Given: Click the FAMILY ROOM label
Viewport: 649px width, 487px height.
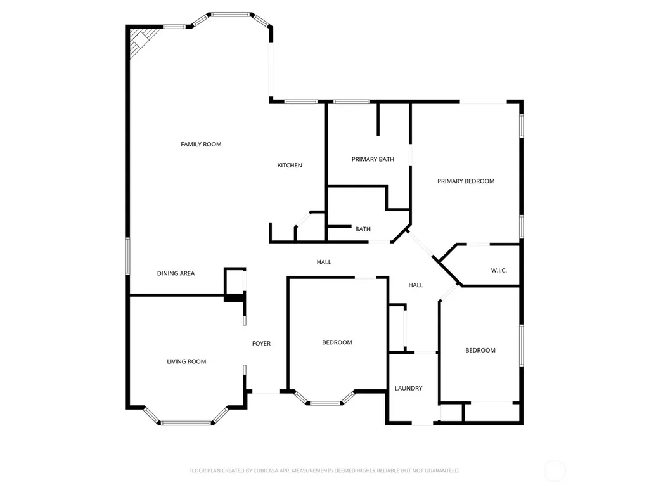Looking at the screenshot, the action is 201,144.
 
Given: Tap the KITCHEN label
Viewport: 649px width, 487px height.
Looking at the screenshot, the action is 290,166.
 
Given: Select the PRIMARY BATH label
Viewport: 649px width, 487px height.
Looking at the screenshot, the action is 373,159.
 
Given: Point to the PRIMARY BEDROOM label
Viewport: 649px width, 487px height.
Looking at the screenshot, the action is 466,181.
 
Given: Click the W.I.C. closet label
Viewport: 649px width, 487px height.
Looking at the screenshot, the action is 499,270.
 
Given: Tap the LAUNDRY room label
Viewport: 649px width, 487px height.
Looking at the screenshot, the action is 409,388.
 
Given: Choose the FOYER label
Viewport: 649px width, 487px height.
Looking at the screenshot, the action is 262,343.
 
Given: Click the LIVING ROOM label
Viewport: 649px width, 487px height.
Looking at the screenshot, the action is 186,361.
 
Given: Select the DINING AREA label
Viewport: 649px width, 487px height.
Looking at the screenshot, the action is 176,273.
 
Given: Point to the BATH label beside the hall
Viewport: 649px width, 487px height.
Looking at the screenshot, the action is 363,229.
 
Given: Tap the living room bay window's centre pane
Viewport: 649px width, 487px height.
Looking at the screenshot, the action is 186,423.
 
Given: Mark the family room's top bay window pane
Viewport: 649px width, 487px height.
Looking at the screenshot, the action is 231,15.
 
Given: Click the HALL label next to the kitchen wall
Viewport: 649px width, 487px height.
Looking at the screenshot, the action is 324,262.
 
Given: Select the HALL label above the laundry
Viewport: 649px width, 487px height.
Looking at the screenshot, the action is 416,285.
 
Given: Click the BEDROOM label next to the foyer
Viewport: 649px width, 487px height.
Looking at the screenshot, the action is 337,342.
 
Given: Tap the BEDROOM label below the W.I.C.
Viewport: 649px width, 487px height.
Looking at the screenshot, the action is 480,350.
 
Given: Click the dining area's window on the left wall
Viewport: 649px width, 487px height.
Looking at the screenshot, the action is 128,256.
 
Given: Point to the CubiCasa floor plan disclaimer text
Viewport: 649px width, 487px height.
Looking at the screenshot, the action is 324,471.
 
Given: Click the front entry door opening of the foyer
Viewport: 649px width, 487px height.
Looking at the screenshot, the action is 266,392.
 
